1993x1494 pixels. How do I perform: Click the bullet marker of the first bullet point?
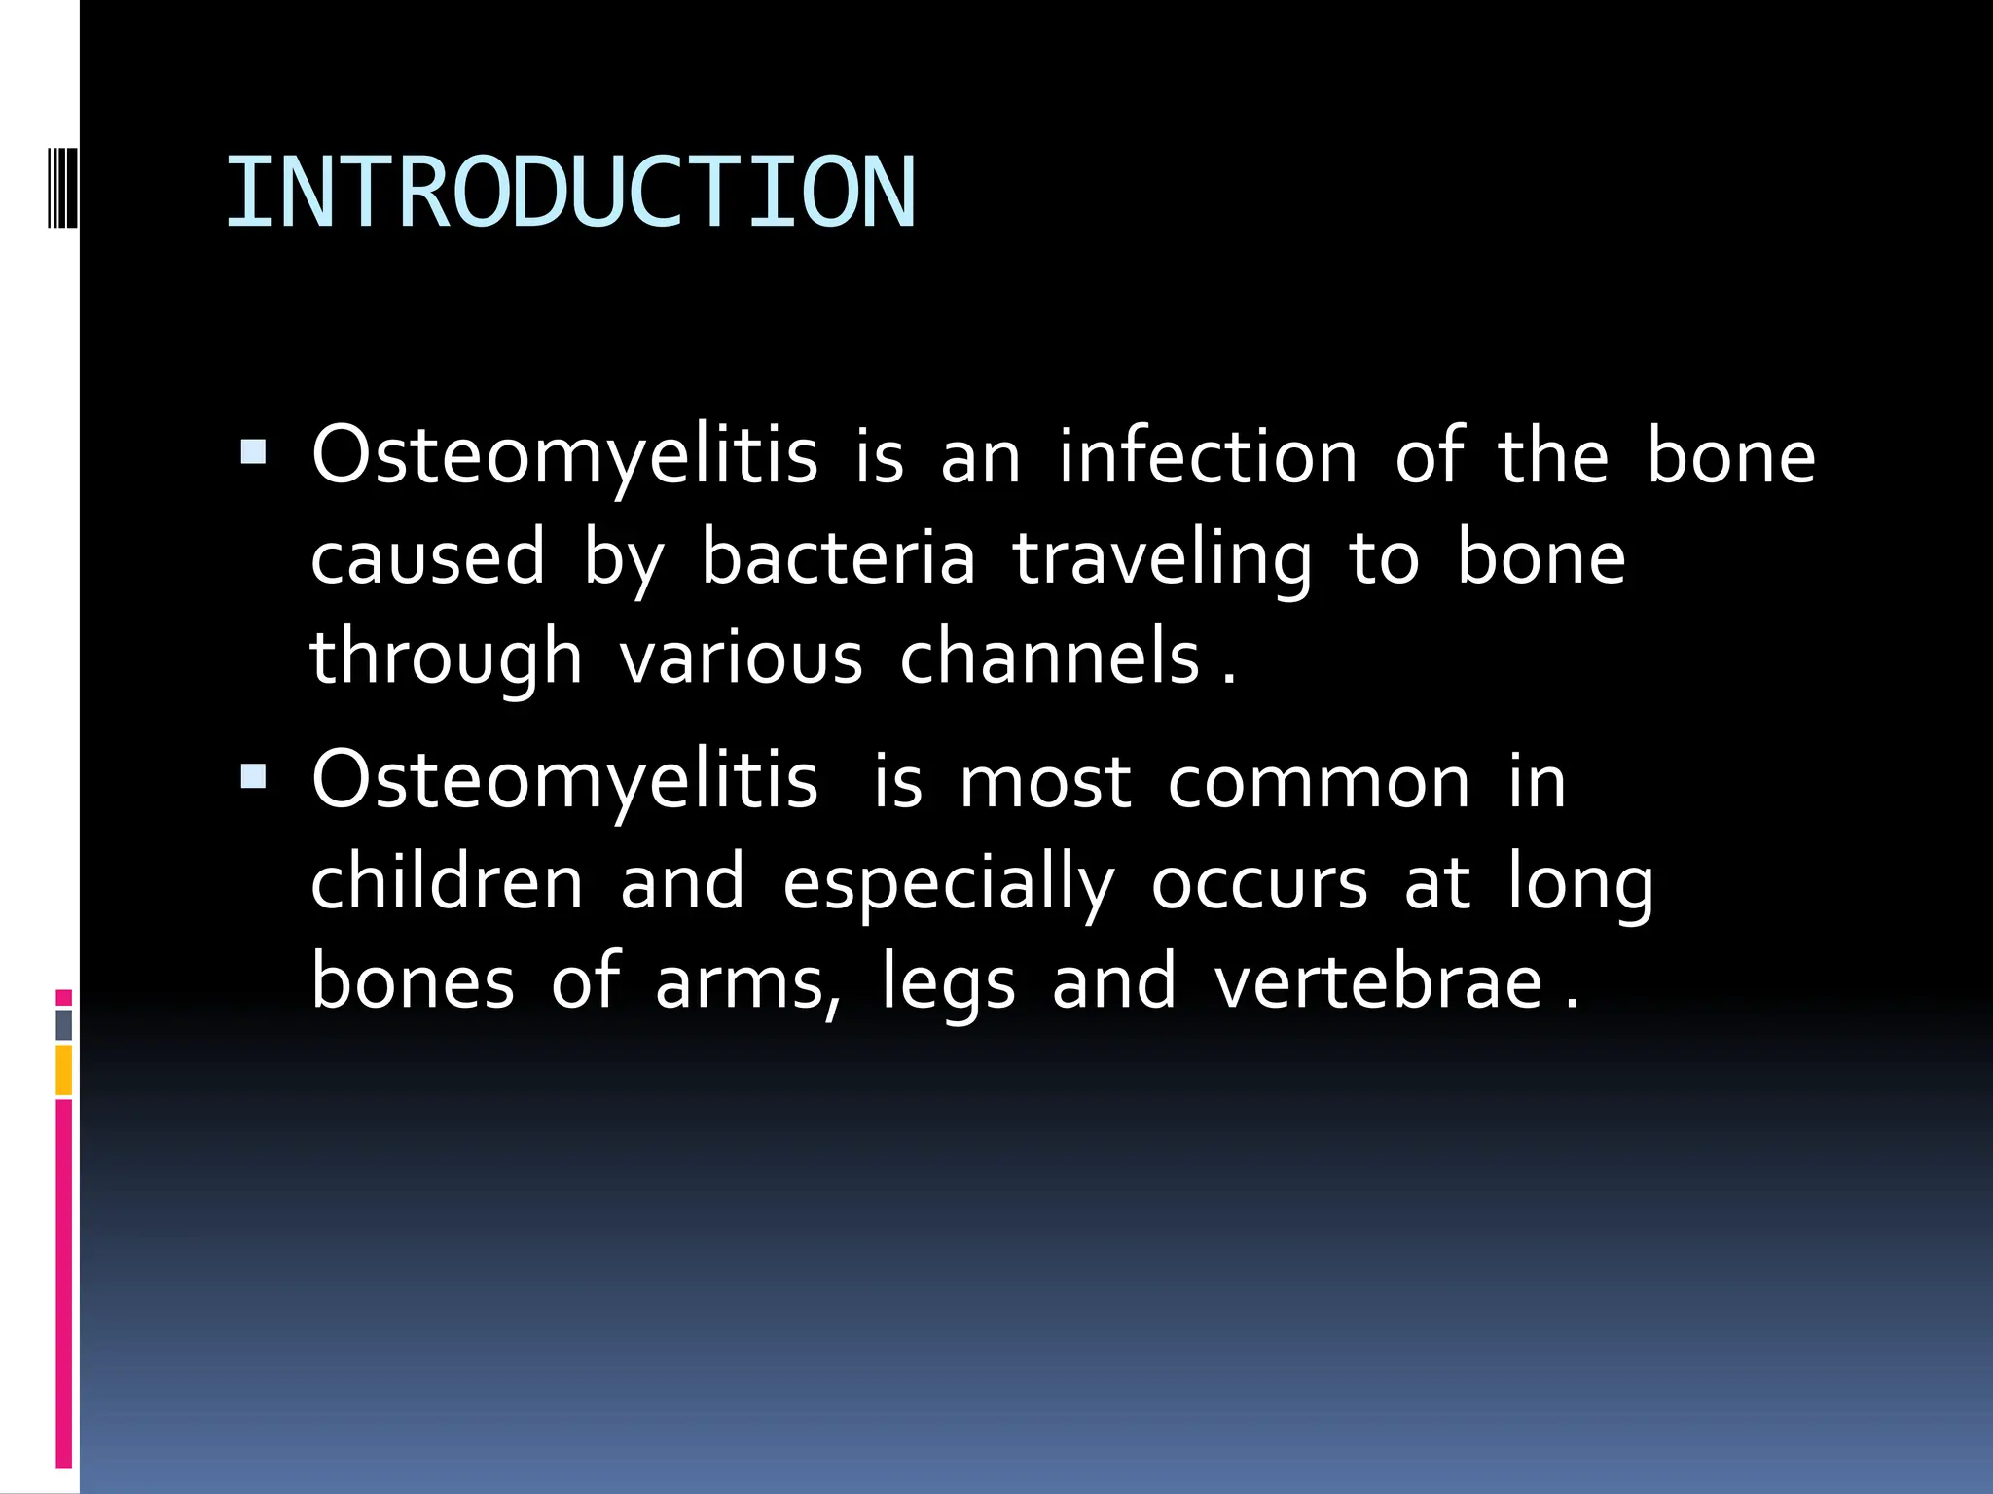point(253,451)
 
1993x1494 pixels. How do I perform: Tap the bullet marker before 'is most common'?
point(253,775)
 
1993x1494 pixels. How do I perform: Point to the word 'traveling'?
point(1162,558)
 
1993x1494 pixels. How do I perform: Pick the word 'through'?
point(446,658)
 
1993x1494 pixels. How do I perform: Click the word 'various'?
point(741,658)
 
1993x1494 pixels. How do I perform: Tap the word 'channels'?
point(1049,658)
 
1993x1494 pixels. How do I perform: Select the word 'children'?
point(447,881)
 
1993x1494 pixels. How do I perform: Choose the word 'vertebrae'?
point(1378,981)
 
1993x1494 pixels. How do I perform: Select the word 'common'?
point(1319,781)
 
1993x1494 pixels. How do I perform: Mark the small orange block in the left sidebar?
point(64,1069)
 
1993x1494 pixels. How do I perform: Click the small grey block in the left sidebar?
point(64,1024)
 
